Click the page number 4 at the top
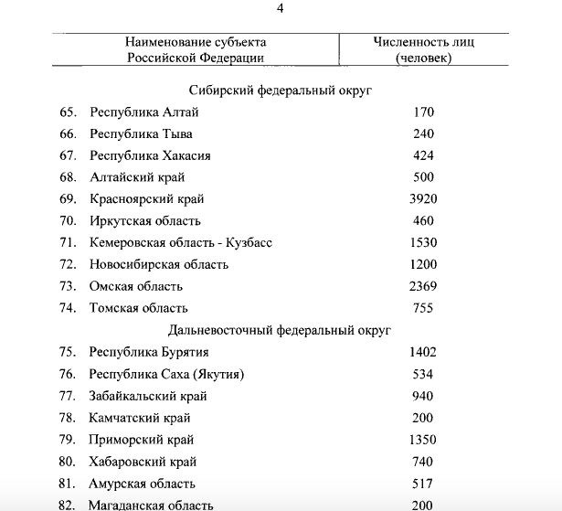281,9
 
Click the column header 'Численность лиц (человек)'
423,49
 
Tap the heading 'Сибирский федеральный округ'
281,90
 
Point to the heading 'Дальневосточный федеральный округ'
281,329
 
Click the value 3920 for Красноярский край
423,198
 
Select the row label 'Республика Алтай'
143,112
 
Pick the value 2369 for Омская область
423,286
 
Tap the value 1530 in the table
423,242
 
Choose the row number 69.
68,198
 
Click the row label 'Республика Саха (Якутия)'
167,373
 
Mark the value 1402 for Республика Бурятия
423,351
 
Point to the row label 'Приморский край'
143,440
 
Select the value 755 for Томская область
423,308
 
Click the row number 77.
68,396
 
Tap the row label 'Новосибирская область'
159,264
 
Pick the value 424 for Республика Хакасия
423,155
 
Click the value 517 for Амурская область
423,484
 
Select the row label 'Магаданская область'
152,505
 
